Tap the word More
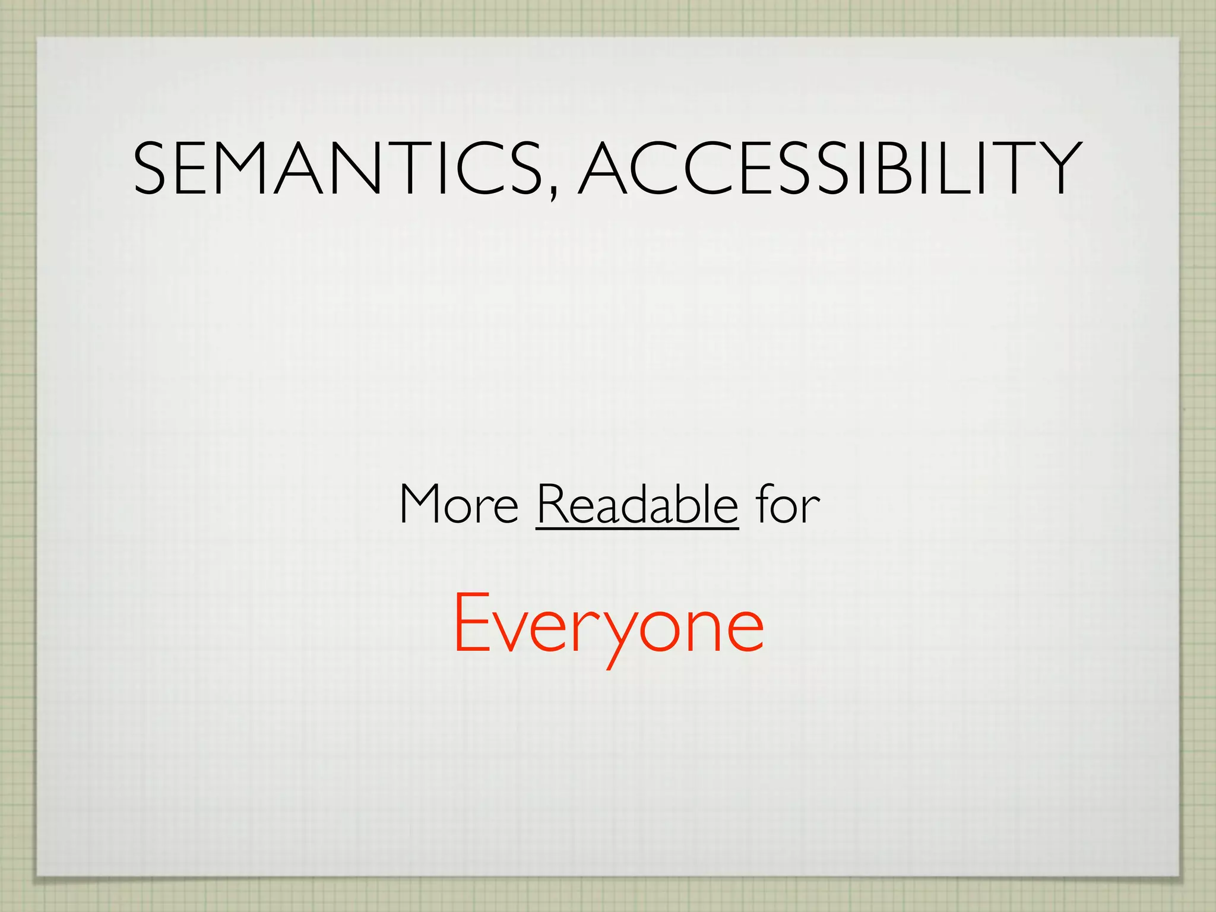pyautogui.click(x=459, y=504)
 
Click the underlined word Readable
pyautogui.click(x=637, y=504)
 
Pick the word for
pyautogui.click(x=787, y=504)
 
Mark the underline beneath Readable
pyautogui.click(x=637, y=528)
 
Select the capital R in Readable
pyautogui.click(x=553, y=504)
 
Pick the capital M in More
pyautogui.click(x=423, y=504)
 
